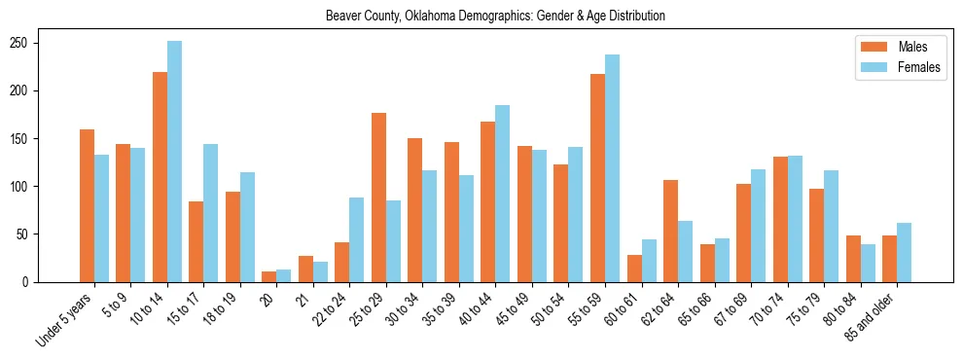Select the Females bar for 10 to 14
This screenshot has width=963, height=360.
(174, 162)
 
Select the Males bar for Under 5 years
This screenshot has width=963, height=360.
(87, 205)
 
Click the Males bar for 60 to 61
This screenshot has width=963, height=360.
(634, 269)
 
